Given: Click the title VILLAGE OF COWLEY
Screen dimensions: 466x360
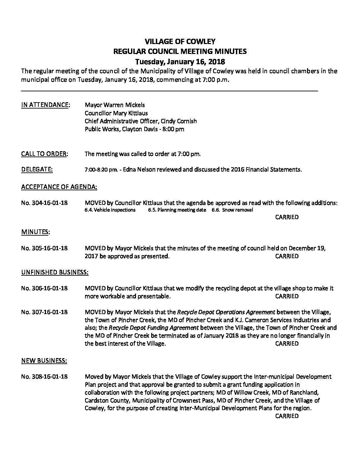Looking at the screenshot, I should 180,42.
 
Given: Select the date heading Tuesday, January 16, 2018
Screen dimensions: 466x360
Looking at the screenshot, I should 180,62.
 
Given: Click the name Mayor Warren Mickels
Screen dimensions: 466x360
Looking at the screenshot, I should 115,105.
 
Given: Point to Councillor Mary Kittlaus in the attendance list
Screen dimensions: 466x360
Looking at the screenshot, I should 116,113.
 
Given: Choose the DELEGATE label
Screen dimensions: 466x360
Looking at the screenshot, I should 37,170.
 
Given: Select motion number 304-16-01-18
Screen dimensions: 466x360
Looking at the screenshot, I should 44,203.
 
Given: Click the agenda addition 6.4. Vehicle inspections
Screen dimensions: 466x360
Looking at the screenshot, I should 110,210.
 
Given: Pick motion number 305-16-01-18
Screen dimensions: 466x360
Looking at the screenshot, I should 44,248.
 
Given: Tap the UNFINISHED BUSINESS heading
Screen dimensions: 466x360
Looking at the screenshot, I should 55,272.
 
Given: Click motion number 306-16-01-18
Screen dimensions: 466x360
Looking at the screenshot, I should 44,288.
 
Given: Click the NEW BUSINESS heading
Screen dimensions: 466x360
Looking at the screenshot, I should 44,360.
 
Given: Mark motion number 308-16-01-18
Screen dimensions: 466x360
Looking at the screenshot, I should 44,377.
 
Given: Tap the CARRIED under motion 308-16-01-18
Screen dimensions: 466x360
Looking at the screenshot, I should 287,416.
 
